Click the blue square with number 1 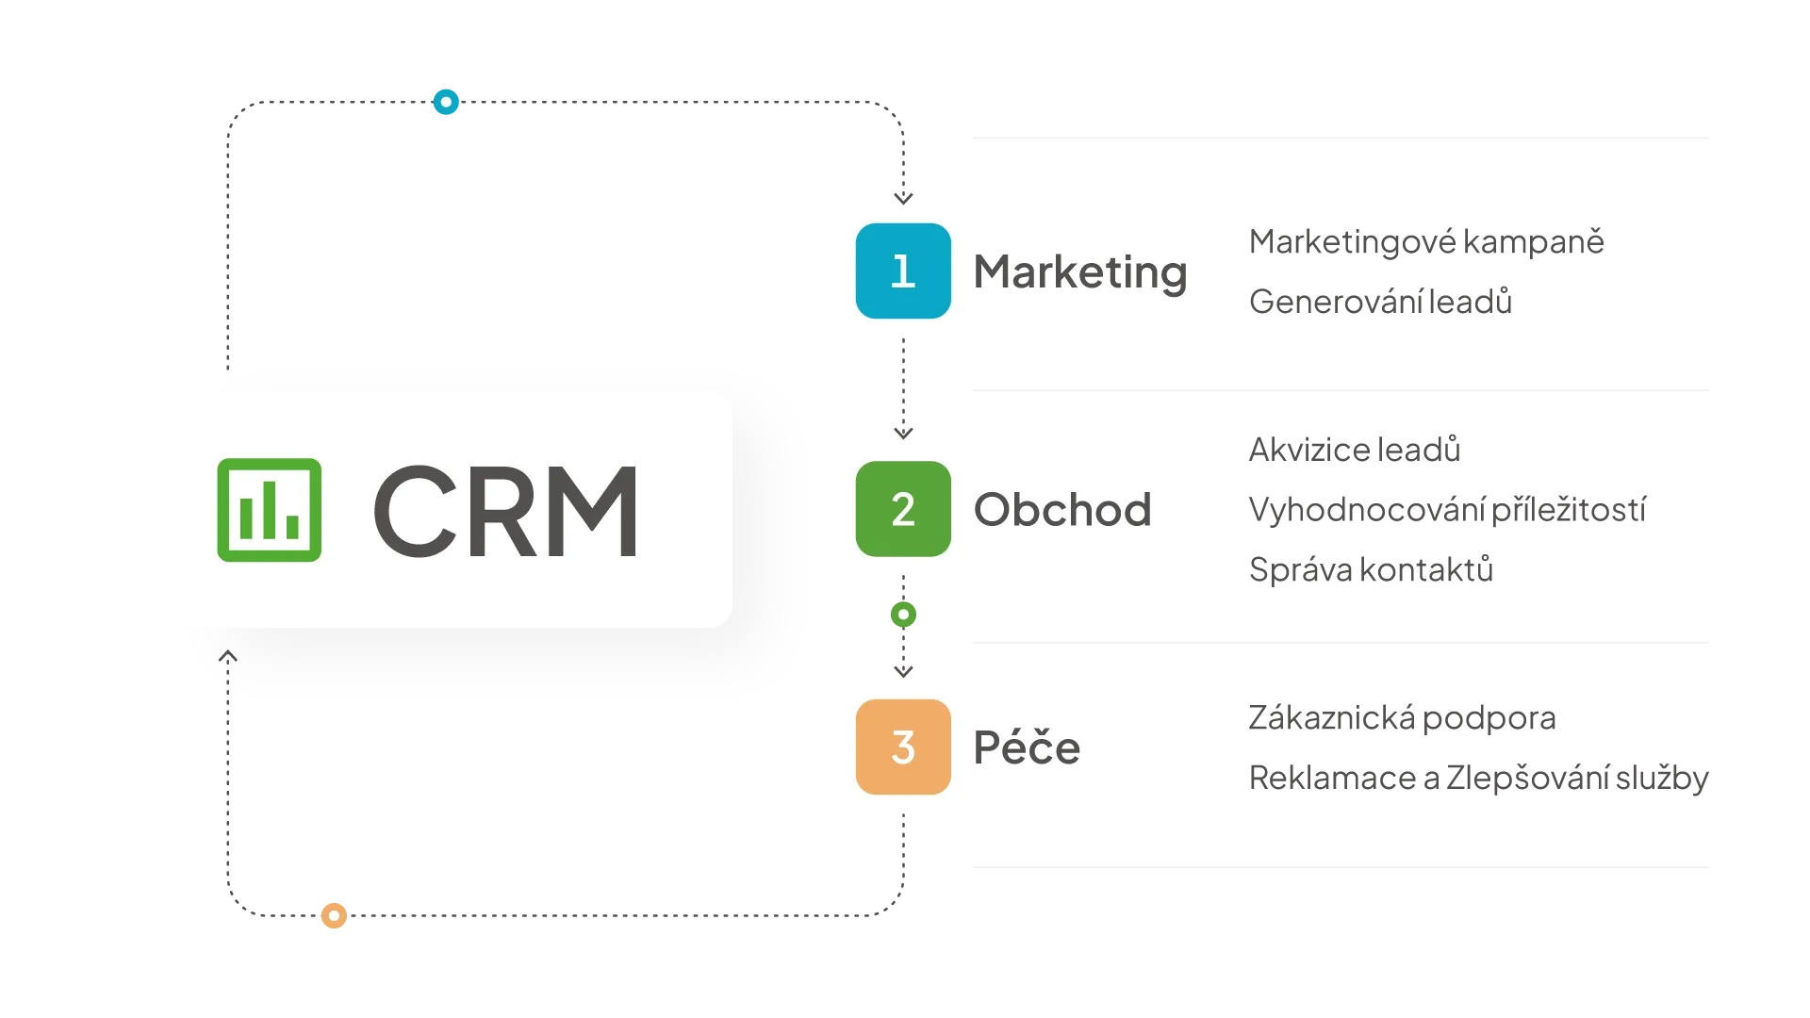pos(903,271)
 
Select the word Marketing pos(1079,272)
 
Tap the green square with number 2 pos(903,509)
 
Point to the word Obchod pos(1062,510)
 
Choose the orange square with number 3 pos(903,747)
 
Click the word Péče pos(1027,747)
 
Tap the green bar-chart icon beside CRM pos(269,510)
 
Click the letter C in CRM pos(416,510)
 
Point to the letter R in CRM pos(504,510)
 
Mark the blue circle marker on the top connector pos(445,102)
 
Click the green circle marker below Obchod pos(903,615)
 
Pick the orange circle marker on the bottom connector pos(333,915)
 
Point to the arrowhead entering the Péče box pos(903,671)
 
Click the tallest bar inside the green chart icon pos(269,509)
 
